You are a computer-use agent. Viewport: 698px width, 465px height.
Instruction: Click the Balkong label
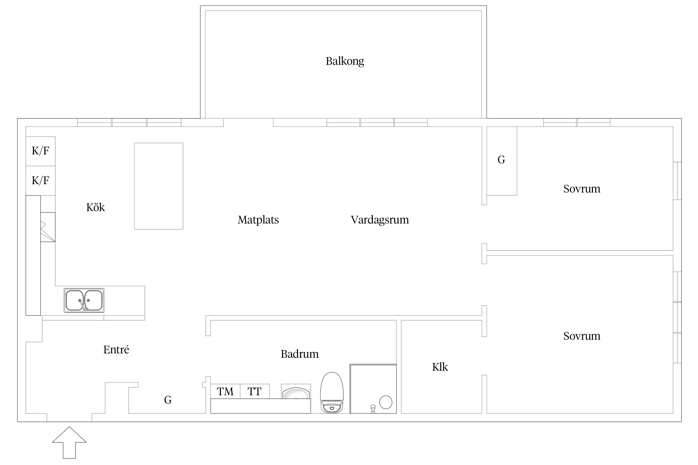coord(345,61)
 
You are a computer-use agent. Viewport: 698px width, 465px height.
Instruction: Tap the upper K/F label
coord(40,151)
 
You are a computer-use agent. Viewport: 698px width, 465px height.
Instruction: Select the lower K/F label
coord(40,180)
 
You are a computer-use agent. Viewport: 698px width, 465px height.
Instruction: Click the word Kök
coord(96,207)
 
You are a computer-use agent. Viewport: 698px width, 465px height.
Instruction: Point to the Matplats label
coord(258,220)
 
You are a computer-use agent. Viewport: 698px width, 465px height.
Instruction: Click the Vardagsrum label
coord(380,220)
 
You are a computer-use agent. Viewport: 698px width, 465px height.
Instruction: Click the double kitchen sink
coord(84,300)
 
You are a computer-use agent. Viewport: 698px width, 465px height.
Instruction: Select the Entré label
coord(116,350)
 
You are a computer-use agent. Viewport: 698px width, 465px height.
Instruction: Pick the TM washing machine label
coord(225,392)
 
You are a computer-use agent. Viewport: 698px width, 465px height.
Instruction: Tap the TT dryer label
coord(254,392)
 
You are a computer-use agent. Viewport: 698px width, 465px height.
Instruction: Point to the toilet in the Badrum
coord(332,393)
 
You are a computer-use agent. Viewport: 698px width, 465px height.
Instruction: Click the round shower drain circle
coord(386,402)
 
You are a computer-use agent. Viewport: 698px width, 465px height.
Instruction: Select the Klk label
coord(440,367)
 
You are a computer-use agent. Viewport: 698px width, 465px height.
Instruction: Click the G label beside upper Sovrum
coord(501,160)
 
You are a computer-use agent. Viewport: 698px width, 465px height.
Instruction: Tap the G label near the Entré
coord(168,400)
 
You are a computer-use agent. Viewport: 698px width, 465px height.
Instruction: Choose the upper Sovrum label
coord(582,189)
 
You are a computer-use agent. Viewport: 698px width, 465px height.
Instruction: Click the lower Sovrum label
coord(582,336)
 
